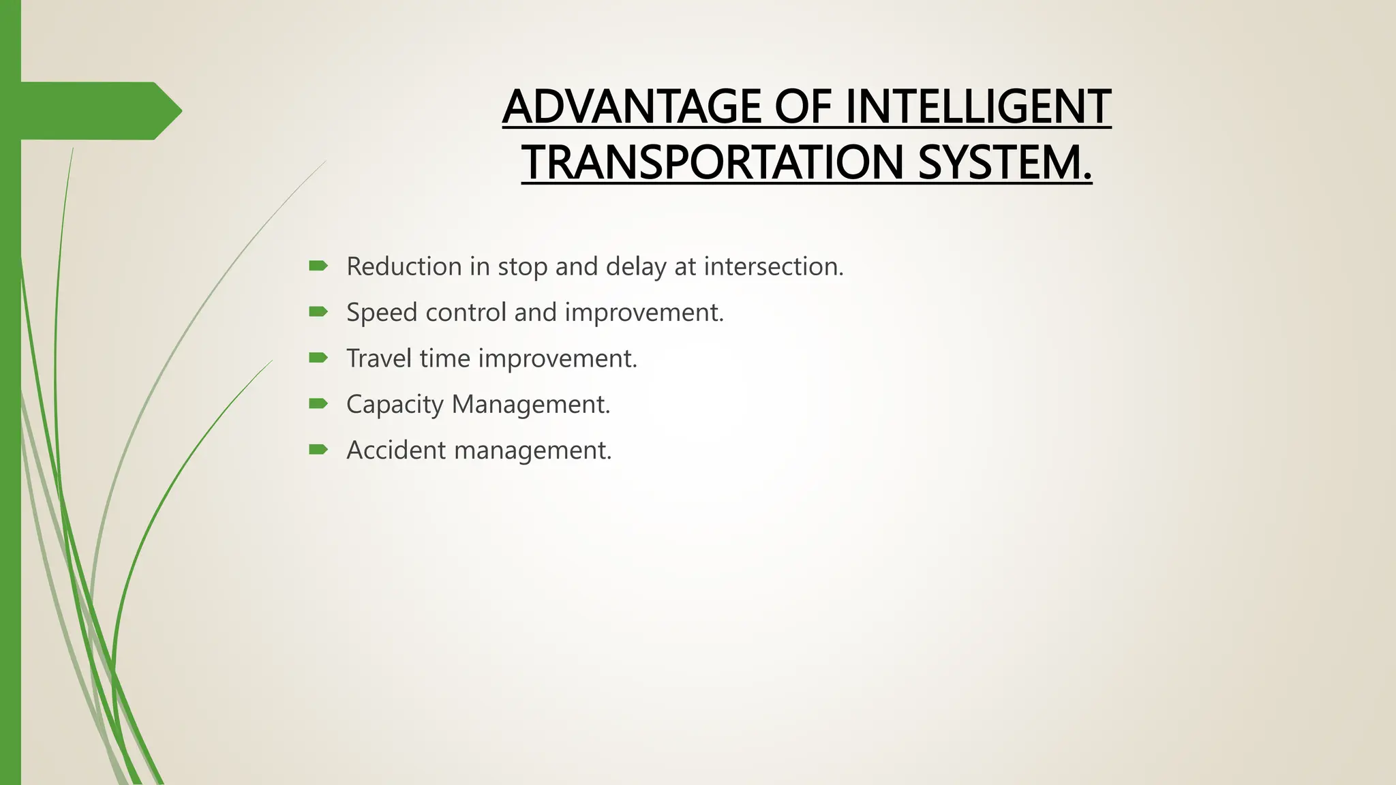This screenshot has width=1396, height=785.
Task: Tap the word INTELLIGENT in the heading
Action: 978,107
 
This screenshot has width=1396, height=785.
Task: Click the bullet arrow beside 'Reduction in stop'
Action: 318,266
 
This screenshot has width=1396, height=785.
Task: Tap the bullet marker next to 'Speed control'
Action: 318,311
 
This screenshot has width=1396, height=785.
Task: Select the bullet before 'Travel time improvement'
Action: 318,357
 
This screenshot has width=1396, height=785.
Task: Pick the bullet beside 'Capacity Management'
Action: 318,403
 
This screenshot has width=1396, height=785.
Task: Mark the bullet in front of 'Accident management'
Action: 318,449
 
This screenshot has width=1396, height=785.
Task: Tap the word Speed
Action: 382,313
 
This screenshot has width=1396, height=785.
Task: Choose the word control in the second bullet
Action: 466,312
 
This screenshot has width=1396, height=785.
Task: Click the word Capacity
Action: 395,405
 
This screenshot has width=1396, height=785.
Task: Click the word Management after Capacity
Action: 530,405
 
